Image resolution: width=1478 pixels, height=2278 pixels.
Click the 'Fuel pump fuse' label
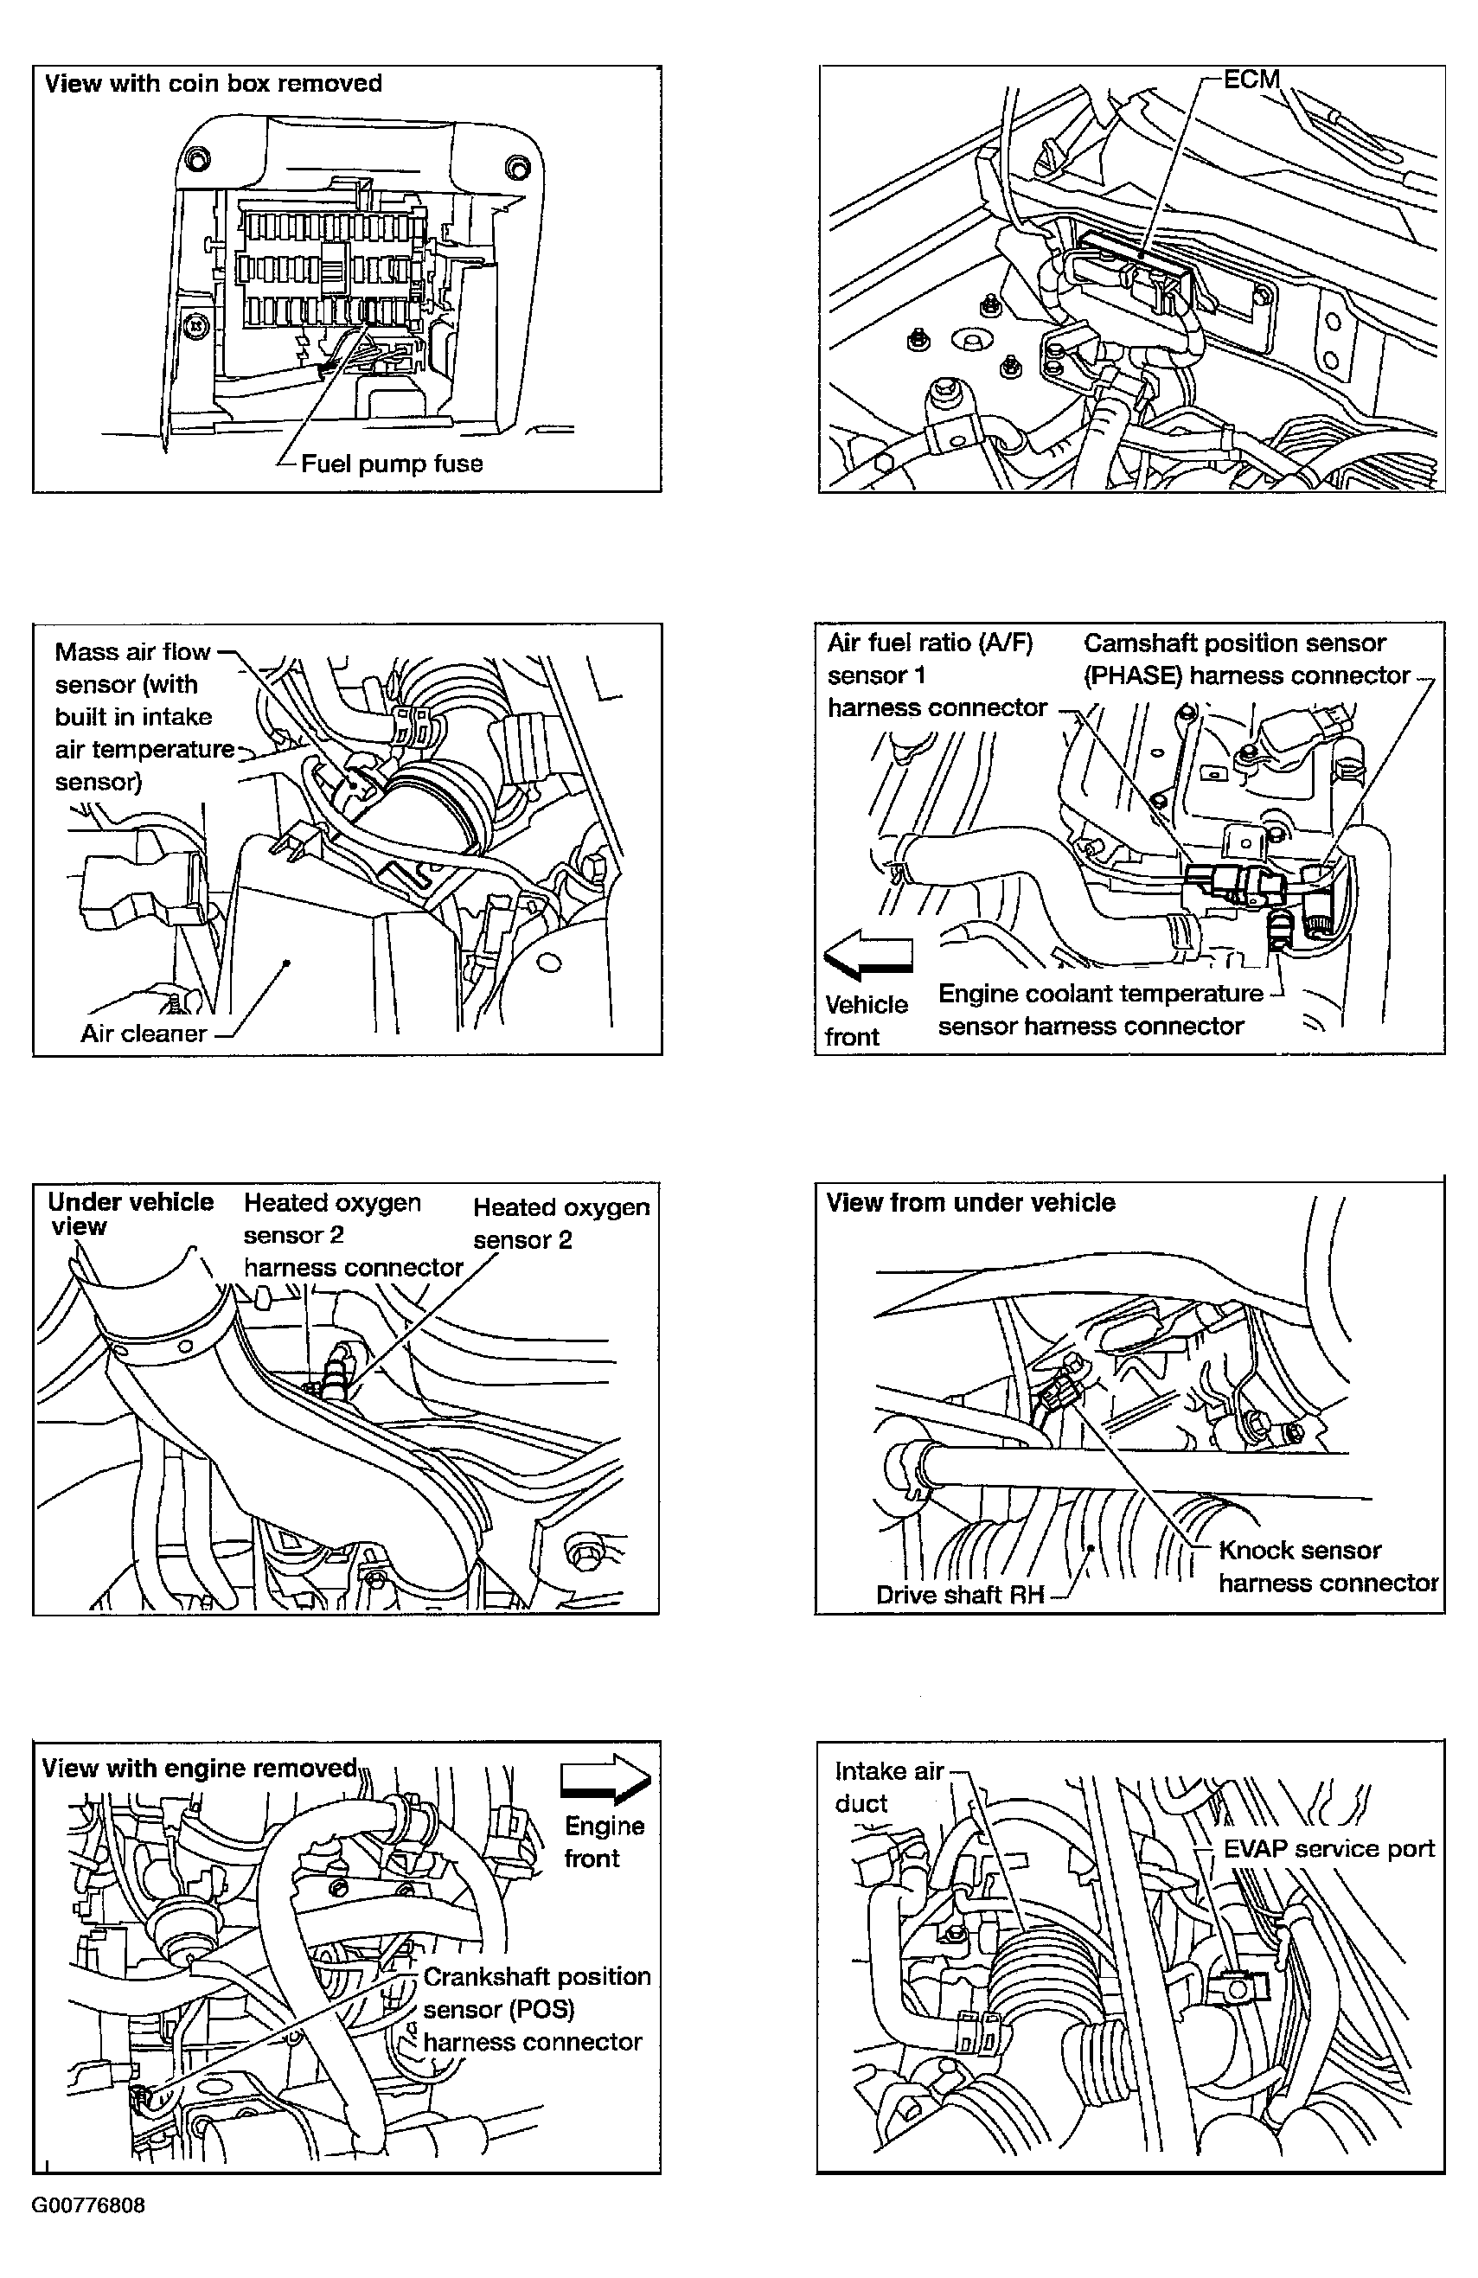pyautogui.click(x=391, y=464)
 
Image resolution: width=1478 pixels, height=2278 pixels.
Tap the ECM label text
pyautogui.click(x=1251, y=80)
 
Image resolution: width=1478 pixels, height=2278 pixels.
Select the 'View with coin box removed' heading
pyautogui.click(x=213, y=84)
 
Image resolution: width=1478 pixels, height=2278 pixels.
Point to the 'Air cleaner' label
pyautogui.click(x=144, y=1033)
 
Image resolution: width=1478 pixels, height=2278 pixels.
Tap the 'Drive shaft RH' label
pyautogui.click(x=958, y=1595)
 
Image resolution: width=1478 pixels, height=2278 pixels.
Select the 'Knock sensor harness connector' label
pyautogui.click(x=1327, y=1566)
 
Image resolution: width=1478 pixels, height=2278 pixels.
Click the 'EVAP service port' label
pyautogui.click(x=1328, y=1848)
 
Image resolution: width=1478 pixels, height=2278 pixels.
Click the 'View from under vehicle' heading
pyautogui.click(x=970, y=1203)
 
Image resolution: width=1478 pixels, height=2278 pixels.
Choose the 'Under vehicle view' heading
pyautogui.click(x=131, y=1213)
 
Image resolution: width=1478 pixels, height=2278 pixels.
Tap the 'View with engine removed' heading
pyautogui.click(x=199, y=1768)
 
